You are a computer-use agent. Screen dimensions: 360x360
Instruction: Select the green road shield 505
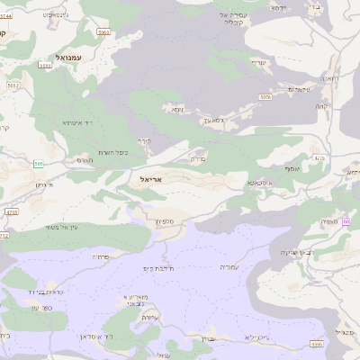click(39, 164)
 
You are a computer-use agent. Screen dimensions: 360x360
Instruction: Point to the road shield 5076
click(265, 95)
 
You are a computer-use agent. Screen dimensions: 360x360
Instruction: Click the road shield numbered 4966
click(316, 344)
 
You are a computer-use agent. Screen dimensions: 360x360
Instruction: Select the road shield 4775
click(11, 211)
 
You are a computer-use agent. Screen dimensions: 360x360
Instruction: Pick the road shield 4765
click(4, 235)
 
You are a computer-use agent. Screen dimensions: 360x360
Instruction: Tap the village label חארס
click(84, 160)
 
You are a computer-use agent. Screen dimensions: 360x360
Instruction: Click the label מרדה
click(199, 158)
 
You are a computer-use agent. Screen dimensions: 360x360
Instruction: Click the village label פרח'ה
click(99, 256)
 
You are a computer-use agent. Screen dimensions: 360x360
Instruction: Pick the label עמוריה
click(229, 266)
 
